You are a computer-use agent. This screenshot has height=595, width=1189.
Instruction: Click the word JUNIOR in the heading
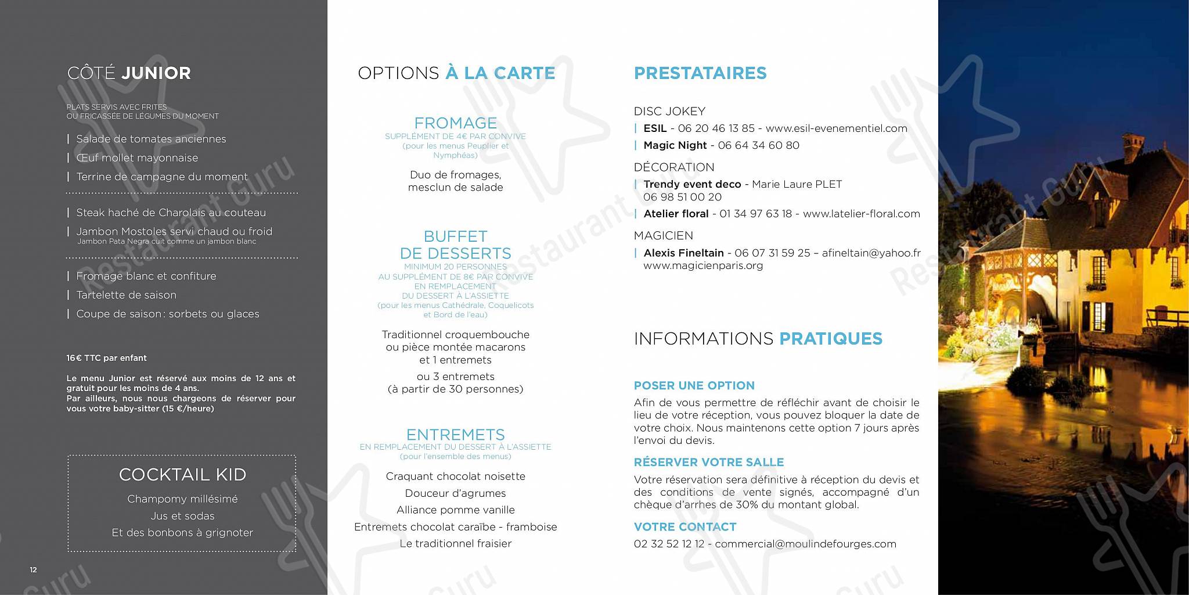(x=156, y=73)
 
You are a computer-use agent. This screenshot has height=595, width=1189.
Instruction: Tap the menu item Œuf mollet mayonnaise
(x=137, y=158)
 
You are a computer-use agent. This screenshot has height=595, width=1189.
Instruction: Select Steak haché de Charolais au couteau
(x=171, y=213)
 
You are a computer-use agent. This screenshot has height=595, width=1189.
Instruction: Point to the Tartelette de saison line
(x=126, y=295)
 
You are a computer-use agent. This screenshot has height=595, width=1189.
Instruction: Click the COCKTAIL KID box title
(x=182, y=475)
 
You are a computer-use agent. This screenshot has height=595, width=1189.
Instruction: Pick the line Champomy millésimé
(x=182, y=499)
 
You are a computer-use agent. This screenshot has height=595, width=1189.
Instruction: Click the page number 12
(x=33, y=570)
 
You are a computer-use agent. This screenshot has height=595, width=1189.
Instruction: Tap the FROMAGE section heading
(x=455, y=123)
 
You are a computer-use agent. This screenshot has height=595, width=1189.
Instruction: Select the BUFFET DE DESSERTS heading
(x=455, y=245)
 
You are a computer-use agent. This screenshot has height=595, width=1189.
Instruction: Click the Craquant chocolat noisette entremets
(x=455, y=476)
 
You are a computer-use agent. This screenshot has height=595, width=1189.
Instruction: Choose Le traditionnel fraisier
(x=455, y=544)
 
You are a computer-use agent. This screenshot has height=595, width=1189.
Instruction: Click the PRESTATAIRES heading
(x=700, y=73)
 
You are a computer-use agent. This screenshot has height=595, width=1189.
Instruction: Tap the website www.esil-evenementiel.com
(x=836, y=128)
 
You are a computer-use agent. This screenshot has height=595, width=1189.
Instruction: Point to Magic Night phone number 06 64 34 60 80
(x=758, y=145)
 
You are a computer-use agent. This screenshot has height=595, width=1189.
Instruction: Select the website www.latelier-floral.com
(x=861, y=214)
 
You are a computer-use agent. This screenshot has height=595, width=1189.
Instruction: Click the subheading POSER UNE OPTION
(x=694, y=386)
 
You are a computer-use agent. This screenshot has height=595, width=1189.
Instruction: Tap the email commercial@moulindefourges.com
(x=805, y=544)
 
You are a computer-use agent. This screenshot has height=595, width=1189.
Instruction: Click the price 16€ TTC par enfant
(x=106, y=359)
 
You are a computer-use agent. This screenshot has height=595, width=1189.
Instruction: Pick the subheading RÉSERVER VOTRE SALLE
(x=708, y=463)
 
